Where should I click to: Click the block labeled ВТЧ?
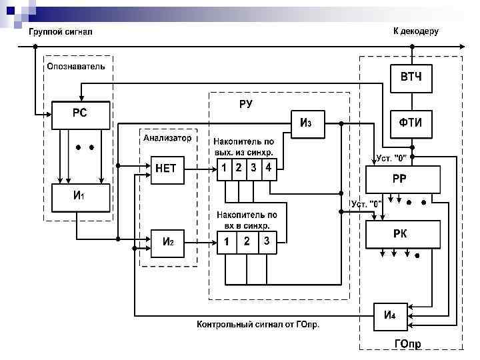pos(411,78)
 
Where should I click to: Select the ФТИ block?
pos(411,123)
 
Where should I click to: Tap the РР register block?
pos(403,179)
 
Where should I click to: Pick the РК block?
pos(403,234)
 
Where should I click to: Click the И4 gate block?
pos(390,315)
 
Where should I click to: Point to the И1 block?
pos(79,197)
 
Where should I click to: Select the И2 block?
pos(167,241)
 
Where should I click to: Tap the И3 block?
pos(306,123)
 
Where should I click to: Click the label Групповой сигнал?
pos(59,32)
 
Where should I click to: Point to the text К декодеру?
pos(415,31)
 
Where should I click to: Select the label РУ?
pos(246,104)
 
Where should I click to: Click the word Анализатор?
pos(167,138)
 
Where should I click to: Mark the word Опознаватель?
pos(75,67)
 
